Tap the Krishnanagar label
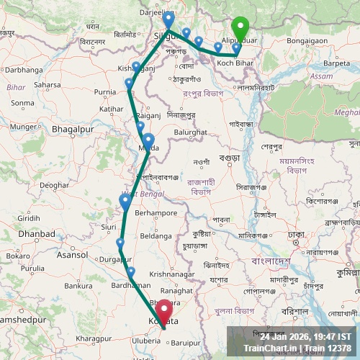[x=174, y=274]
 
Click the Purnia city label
[x=104, y=92]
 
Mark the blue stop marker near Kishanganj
[x=136, y=68]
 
